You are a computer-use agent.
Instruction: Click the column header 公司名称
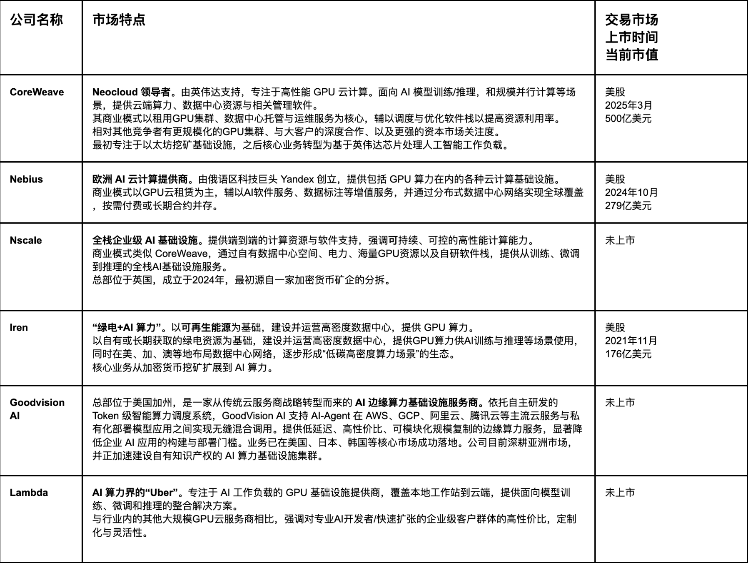(36, 20)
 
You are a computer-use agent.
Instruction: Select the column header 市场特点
(119, 20)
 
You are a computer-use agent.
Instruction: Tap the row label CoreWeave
(37, 92)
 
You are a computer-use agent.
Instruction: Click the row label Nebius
(26, 179)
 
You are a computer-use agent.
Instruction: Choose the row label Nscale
(26, 240)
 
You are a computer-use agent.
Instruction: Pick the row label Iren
(19, 327)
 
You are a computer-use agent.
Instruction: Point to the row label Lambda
(29, 492)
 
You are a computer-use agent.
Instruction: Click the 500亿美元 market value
(628, 119)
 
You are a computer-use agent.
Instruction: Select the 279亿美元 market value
(628, 206)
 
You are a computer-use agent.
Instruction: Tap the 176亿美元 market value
(628, 354)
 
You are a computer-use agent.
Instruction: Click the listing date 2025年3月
(628, 105)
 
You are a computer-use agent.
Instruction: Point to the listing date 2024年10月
(631, 192)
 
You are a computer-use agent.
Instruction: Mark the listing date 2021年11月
(631, 341)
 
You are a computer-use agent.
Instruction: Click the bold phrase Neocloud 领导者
(131, 92)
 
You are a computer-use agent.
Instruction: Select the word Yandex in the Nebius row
(297, 179)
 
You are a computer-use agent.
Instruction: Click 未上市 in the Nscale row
(620, 240)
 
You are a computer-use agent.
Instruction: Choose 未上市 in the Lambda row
(620, 492)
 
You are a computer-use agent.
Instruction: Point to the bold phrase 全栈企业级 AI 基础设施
(145, 240)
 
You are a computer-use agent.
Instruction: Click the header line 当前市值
(631, 55)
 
